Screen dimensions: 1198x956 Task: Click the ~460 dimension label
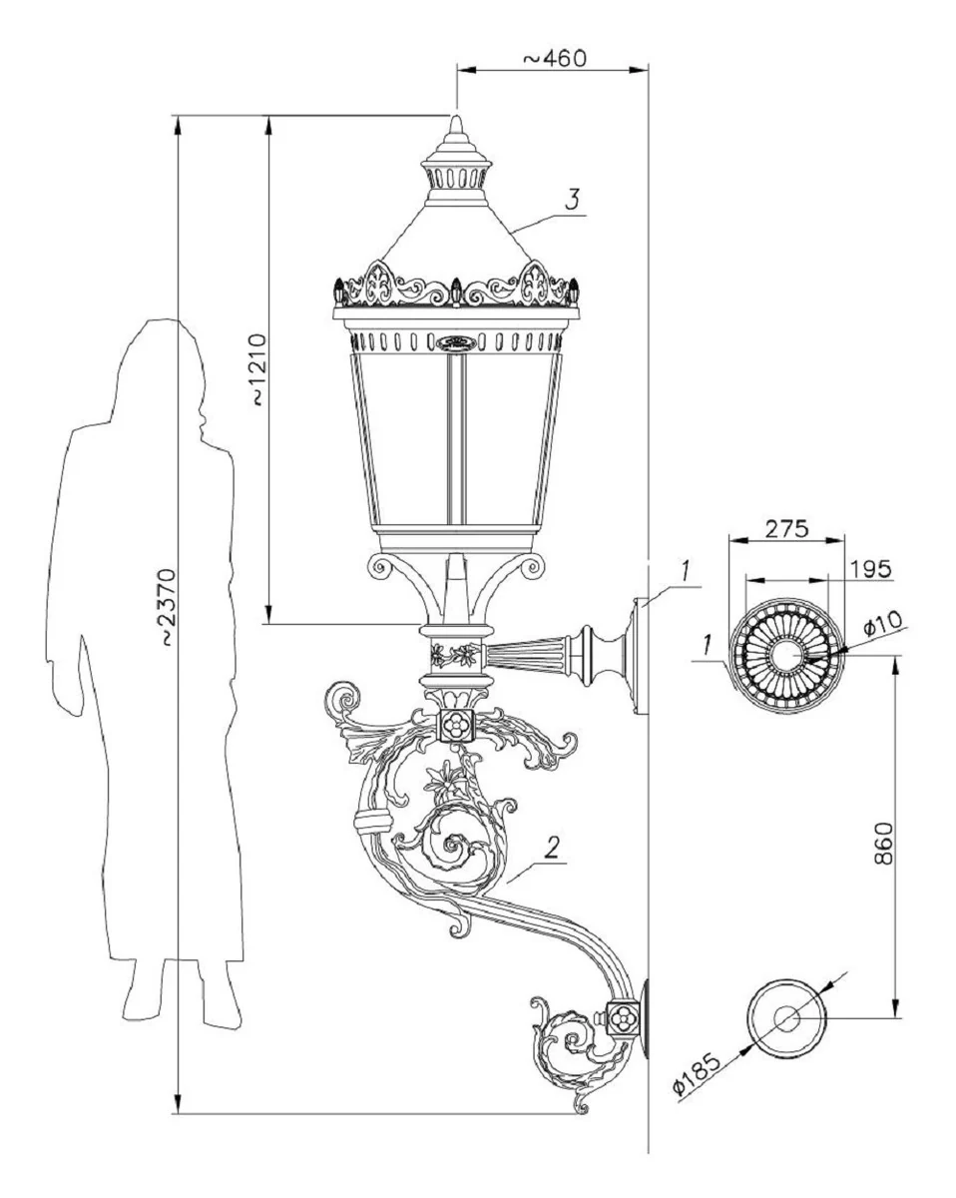(553, 58)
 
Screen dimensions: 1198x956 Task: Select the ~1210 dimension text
(257, 369)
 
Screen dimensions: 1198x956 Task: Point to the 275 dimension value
(786, 528)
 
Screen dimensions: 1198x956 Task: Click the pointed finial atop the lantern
(456, 129)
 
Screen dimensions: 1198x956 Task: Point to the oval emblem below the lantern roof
(456, 343)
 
